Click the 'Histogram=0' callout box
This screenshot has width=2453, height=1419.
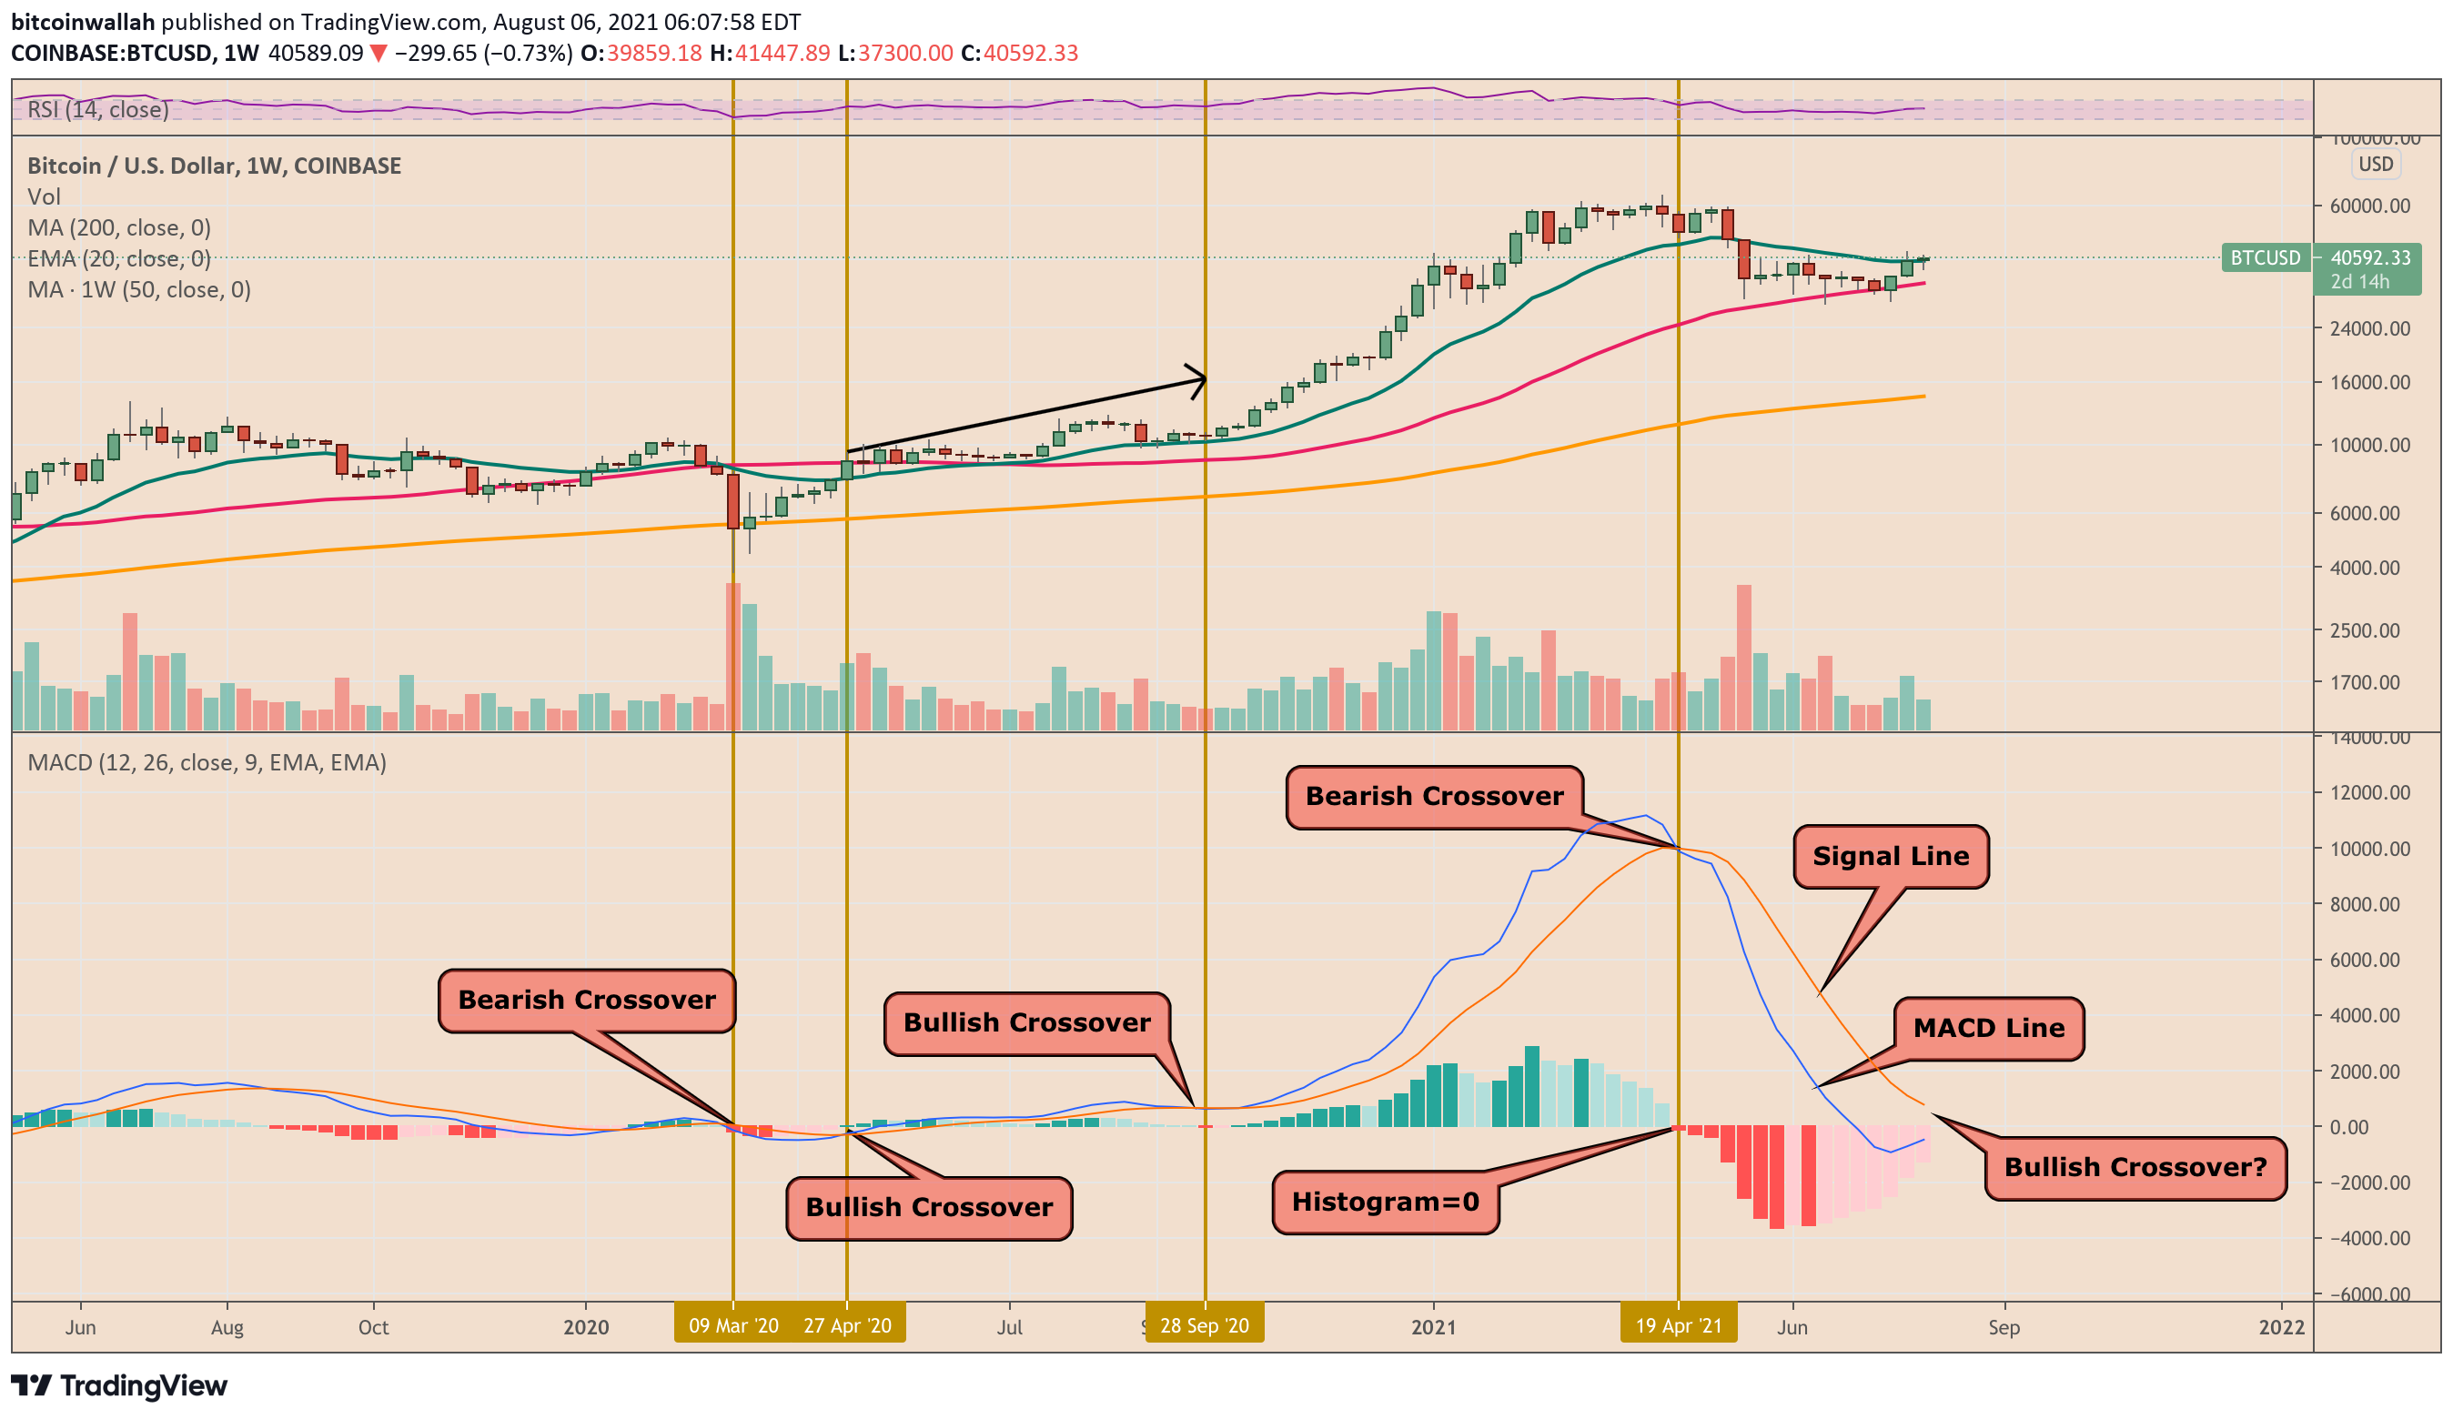[1384, 1202]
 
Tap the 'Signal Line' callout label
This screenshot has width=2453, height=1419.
[1890, 857]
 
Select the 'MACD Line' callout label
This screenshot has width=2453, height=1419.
[1988, 1028]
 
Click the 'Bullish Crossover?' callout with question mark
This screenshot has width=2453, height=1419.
[2135, 1167]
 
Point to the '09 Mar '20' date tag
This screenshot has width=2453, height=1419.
[733, 1325]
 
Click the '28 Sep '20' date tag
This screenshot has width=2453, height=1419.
[1204, 1325]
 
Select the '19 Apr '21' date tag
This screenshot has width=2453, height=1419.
[1678, 1325]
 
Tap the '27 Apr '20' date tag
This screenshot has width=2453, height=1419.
[848, 1325]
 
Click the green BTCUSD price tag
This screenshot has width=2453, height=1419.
[2266, 258]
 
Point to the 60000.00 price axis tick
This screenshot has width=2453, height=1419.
[2369, 206]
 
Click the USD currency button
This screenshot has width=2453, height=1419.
[2375, 164]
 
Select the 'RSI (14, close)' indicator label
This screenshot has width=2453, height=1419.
[97, 109]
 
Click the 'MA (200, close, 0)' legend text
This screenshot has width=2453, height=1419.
[119, 227]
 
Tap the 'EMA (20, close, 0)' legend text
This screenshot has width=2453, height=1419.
[119, 259]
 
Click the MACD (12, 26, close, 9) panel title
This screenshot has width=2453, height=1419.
[207, 763]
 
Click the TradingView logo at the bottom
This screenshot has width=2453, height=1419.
[119, 1385]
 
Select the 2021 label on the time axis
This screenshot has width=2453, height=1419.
[1433, 1326]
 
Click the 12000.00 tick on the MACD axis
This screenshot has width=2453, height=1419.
[2369, 792]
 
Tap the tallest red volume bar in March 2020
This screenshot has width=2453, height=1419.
[733, 657]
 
